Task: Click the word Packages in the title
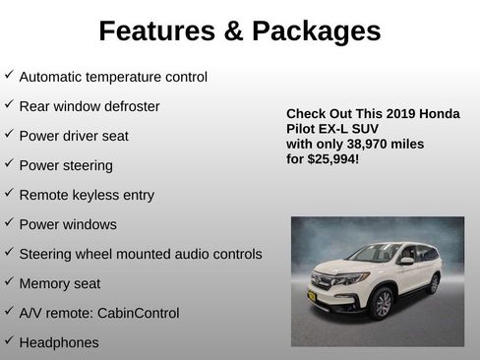[x=315, y=31]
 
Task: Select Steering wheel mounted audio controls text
[x=141, y=254]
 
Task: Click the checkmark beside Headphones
[x=9, y=340]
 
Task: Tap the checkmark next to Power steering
[x=9, y=163]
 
